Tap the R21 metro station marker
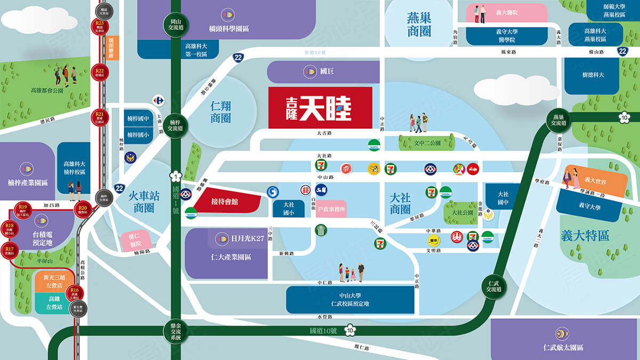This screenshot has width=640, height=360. click(x=100, y=116)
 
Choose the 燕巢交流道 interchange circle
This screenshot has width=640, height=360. click(x=558, y=121)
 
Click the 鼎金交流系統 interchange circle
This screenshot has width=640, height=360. click(x=173, y=332)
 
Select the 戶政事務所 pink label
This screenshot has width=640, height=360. click(x=331, y=210)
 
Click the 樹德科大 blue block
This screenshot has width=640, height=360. click(x=593, y=75)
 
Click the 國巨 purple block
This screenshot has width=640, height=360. click(x=323, y=71)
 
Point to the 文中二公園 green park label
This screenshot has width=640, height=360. click(x=427, y=143)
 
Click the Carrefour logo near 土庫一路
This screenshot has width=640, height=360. click(x=158, y=100)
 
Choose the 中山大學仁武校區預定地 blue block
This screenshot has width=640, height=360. click(x=350, y=300)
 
